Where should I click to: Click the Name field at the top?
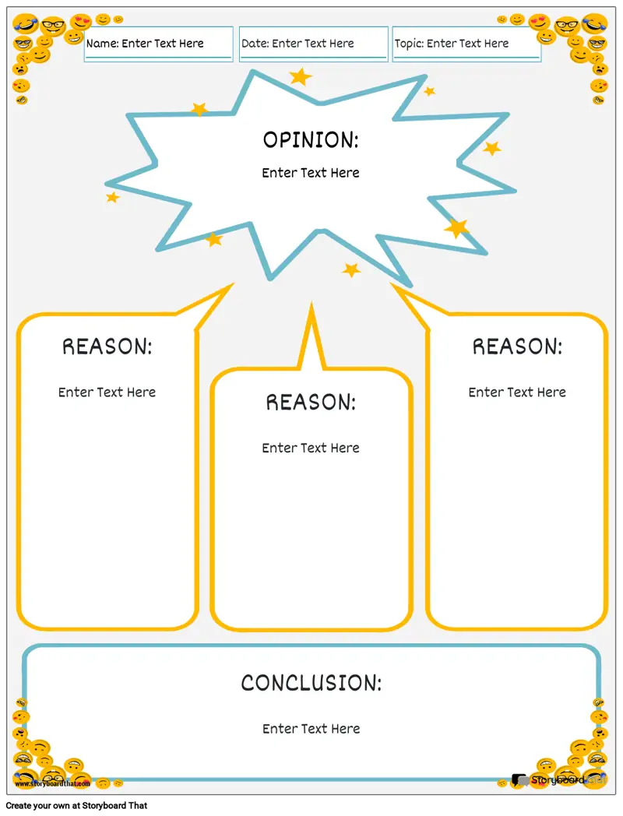pos(158,44)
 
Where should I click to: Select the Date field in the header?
pos(313,44)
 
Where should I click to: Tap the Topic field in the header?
pos(466,44)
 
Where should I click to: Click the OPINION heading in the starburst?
pos(311,140)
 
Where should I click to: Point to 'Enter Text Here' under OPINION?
pos(311,173)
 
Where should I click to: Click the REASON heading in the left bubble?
pos(107,346)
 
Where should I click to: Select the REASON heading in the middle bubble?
pos(311,403)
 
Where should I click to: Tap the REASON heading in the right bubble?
pos(517,346)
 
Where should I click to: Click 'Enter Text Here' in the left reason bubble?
pos(107,392)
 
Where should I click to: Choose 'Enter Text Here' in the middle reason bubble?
pos(311,448)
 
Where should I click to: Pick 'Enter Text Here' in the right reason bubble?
pos(517,392)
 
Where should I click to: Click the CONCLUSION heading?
pos(311,684)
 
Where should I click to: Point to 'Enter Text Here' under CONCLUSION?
pos(311,729)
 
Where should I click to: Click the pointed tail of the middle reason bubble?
pos(311,303)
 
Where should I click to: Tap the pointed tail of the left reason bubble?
pos(233,284)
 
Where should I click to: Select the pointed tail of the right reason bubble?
pos(392,285)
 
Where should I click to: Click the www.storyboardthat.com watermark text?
pos(53,783)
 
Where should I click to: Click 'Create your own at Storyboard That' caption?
pos(76,806)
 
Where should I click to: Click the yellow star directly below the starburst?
pos(351,269)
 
